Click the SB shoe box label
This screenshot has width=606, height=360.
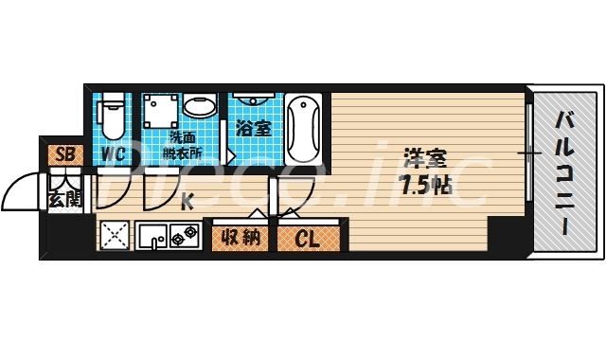coord(64,154)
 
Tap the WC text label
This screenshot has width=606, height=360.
coord(114,154)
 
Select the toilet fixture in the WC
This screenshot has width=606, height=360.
coord(113,115)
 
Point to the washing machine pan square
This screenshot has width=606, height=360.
coord(159,113)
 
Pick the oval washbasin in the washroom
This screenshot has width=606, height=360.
coord(199,105)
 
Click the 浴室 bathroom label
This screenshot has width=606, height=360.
coord(255,128)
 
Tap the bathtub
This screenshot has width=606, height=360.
coord(304,128)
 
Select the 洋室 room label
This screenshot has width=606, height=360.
coord(422,157)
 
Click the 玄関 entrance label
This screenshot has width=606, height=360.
coord(64,199)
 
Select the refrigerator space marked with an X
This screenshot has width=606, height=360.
coord(115,233)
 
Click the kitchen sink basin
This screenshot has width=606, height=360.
coord(151,233)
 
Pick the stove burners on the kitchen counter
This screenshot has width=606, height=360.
coord(183,232)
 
